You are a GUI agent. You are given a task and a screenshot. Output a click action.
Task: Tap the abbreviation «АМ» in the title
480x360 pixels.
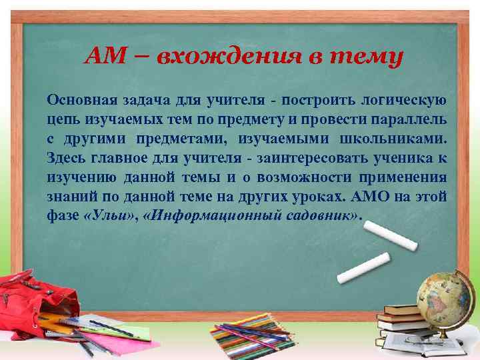click(x=103, y=57)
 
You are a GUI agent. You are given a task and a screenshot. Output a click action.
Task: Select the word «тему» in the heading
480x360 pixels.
click(x=369, y=57)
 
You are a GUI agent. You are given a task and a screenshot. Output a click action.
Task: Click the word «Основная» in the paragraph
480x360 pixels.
click(x=79, y=101)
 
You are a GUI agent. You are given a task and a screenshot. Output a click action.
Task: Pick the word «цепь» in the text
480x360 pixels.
click(x=61, y=120)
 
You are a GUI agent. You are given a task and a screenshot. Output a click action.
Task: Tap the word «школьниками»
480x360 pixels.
click(x=398, y=139)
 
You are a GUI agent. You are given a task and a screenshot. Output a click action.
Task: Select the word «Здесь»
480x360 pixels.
click(x=65, y=159)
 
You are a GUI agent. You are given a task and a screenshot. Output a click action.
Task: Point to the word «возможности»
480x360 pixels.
click(x=304, y=178)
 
